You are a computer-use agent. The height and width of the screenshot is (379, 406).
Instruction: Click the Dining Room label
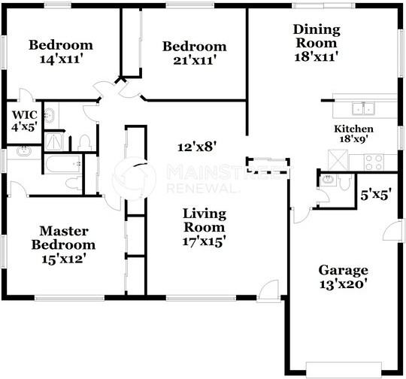pyautogui.click(x=317, y=36)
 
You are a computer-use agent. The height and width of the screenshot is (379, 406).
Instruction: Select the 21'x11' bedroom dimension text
pyautogui.click(x=195, y=61)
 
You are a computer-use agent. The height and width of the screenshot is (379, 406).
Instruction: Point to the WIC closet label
pyautogui.click(x=25, y=114)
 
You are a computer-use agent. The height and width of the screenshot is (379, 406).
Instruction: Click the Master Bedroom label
pyautogui.click(x=63, y=238)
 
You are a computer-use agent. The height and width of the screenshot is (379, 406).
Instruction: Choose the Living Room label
pyautogui.click(x=205, y=220)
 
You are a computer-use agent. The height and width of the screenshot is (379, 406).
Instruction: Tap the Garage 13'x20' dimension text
pyautogui.click(x=343, y=284)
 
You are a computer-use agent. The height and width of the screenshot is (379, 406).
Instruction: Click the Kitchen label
pyautogui.click(x=353, y=129)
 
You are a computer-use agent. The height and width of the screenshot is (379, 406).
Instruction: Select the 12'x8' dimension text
pyautogui.click(x=197, y=147)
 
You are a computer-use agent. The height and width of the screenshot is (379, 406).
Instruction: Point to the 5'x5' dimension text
pyautogui.click(x=376, y=195)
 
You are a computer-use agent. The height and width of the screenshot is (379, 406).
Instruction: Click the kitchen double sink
pyautogui.click(x=363, y=108)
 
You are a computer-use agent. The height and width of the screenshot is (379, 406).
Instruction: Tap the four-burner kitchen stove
pyautogui.click(x=374, y=162)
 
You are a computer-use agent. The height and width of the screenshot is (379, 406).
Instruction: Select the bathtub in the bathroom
pyautogui.click(x=62, y=164)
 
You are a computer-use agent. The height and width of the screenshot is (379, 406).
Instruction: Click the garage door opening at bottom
pyautogui.click(x=344, y=370)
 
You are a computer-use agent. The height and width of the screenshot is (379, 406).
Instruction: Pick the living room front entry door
pyautogui.click(x=268, y=291)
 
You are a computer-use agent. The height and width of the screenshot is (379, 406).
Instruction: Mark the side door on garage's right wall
pyautogui.click(x=393, y=230)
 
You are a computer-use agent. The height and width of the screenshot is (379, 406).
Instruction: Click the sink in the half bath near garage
pyautogui.click(x=328, y=179)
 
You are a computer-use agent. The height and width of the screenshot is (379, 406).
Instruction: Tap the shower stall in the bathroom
pyautogui.click(x=53, y=141)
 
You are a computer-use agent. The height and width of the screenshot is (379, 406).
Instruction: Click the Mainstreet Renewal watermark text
pyautogui.click(x=225, y=179)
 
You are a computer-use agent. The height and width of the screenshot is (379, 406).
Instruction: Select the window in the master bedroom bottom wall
pyautogui.click(x=70, y=299)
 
